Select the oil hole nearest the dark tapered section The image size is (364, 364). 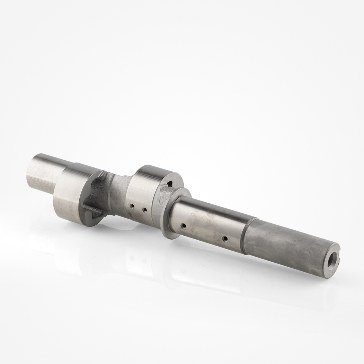coord(225,238)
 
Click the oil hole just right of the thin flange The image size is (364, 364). coord(183,225)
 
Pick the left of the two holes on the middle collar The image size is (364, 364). coord(132,206)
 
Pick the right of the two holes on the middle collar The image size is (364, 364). coord(144,210)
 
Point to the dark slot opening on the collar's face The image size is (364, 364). coord(170,183)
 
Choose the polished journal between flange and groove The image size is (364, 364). coord(210,220)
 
